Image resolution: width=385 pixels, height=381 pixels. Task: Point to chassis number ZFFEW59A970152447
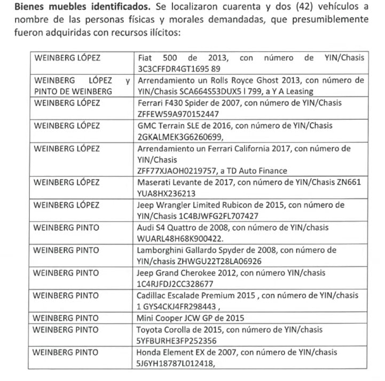178,114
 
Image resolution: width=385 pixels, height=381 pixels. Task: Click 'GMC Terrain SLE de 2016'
183,126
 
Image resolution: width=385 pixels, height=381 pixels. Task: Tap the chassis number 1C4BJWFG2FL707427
224,216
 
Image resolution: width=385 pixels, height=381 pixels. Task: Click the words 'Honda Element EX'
169,352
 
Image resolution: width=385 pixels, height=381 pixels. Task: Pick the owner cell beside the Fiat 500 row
67,58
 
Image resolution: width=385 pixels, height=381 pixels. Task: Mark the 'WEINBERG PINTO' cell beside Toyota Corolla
66,329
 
